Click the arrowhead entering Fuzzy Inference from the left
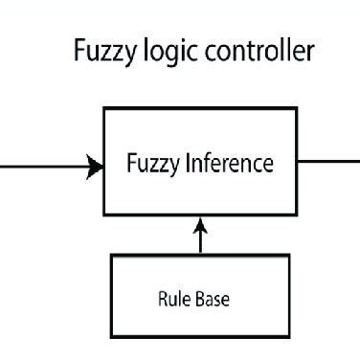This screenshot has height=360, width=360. coord(96,169)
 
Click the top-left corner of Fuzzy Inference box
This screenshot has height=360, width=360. coord(104,109)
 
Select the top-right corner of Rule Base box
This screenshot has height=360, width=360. coord(288,256)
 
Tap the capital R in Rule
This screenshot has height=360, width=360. coord(162,298)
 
